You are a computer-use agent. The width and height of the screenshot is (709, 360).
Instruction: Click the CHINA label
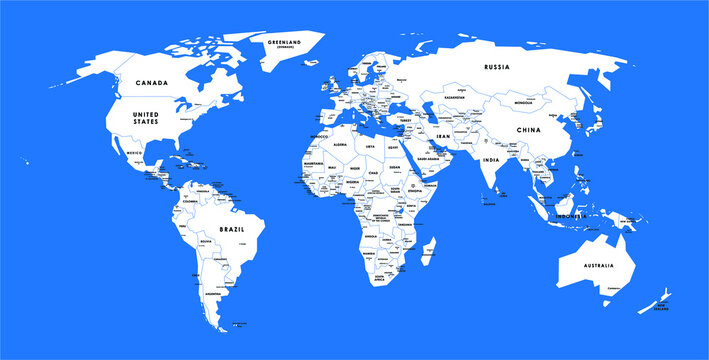point(527,129)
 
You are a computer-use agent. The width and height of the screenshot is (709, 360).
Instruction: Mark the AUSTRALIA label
point(599,264)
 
